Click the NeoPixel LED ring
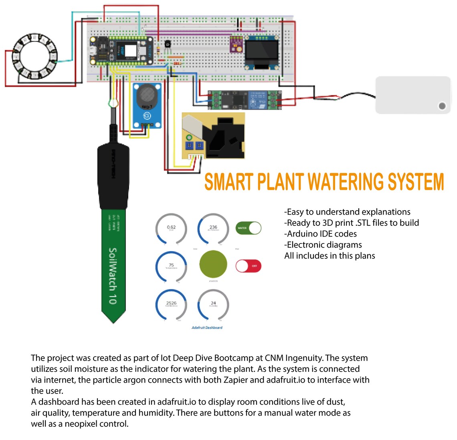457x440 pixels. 35,56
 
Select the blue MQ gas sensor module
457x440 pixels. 147,105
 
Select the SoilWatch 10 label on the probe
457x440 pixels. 113,276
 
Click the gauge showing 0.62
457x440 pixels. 171,229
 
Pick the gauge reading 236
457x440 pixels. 213,229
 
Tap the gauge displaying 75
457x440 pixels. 171,266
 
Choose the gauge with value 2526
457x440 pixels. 171,304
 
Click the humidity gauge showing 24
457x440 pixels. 213,304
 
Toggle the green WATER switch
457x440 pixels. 248,228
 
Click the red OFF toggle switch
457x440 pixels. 248,266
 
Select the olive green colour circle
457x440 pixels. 213,265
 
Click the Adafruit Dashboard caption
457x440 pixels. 207,328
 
